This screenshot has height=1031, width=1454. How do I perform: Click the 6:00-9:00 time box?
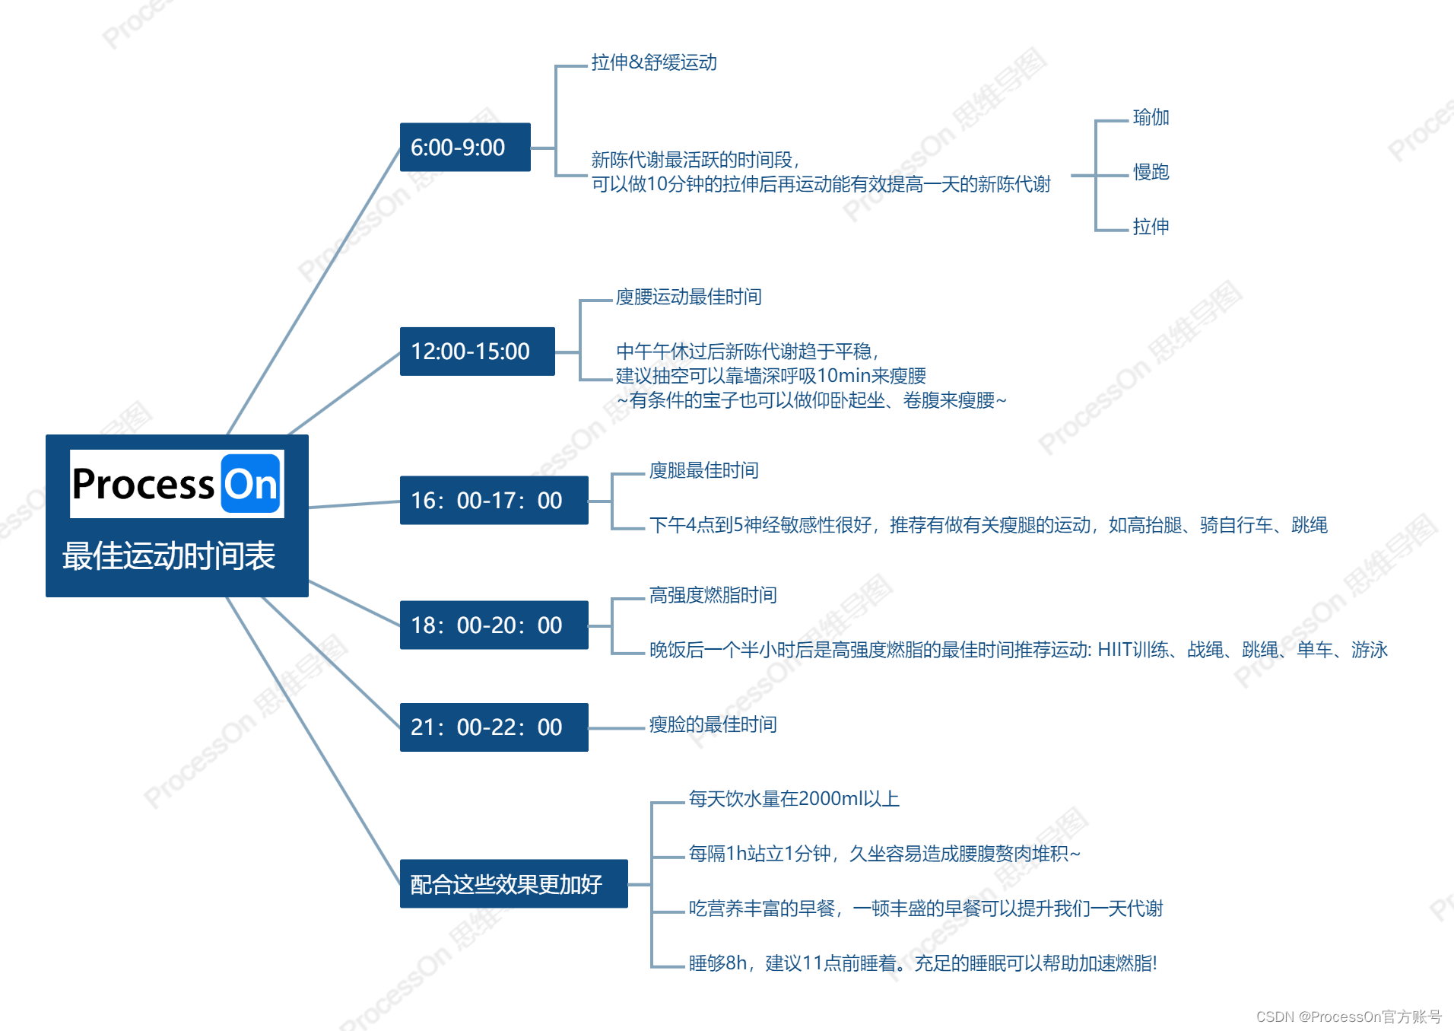point(465,147)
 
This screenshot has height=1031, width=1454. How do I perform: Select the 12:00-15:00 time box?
point(477,351)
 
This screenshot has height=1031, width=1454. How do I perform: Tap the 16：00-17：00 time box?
point(494,500)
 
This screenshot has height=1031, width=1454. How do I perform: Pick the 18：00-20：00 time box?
point(494,625)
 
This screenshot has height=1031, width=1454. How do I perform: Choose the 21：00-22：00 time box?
point(494,727)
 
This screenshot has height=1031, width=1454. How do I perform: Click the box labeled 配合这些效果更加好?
point(513,883)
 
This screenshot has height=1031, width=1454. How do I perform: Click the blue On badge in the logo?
point(251,484)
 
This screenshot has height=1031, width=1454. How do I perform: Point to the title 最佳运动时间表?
point(169,555)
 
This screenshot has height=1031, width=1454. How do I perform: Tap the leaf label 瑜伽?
point(1151,117)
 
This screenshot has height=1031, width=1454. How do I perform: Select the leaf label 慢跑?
point(1151,172)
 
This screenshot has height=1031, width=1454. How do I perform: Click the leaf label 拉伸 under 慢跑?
point(1151,227)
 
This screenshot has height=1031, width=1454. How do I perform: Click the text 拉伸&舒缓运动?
point(654,62)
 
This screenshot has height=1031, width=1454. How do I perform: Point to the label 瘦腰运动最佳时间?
point(688,297)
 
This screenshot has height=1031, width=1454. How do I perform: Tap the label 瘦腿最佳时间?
point(703,470)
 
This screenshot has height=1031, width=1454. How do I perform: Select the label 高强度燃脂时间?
point(713,595)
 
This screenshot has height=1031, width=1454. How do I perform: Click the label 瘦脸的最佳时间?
point(713,724)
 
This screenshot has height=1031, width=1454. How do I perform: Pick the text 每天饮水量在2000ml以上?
point(794,798)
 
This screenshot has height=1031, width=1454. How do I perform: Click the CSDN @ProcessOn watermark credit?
point(1348,1017)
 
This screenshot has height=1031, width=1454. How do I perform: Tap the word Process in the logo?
point(143,484)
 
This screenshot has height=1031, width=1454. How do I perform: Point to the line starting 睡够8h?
point(922,963)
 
